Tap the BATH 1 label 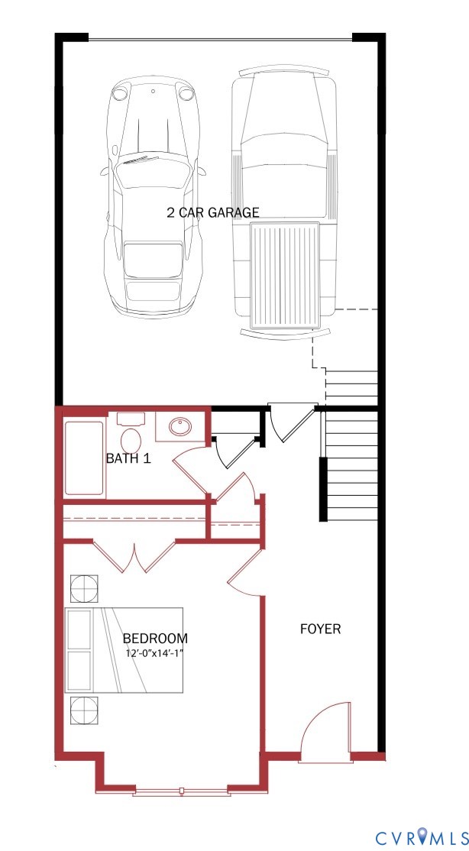(128, 459)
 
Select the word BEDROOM (155, 638)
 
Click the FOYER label (320, 629)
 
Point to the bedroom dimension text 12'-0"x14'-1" (155, 653)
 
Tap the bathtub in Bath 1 (83, 458)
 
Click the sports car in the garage (154, 199)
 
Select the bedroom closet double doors (135, 558)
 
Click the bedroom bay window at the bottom (181, 790)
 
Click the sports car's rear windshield (154, 259)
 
